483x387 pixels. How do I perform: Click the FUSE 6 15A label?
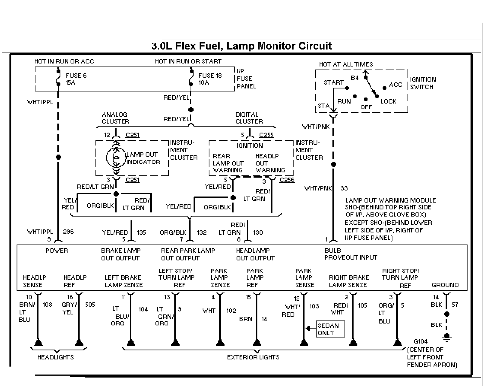coord(76,79)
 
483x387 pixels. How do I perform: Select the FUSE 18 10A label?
coord(210,79)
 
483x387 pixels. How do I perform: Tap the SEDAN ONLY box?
coord(330,329)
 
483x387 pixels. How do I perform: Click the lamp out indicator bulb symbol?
coord(116,158)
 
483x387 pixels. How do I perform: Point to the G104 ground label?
coord(421,341)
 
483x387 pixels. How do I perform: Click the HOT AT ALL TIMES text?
coord(346,64)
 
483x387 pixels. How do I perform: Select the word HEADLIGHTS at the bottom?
coord(55,357)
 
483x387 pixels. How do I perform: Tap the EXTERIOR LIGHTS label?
coord(253,357)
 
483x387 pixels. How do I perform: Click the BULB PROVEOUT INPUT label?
coord(351,254)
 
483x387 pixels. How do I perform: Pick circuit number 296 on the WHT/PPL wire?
coord(68,232)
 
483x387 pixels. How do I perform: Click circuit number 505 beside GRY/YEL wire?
coord(90,305)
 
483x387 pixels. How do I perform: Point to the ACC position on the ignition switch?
coord(396,85)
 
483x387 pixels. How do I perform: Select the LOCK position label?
coord(389,101)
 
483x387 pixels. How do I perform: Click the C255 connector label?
coord(266,135)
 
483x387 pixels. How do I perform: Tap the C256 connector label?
coord(287,180)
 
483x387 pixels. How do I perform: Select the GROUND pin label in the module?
coord(445,285)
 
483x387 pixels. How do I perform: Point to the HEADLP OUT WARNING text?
coord(270,163)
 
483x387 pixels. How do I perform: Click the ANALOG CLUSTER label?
coord(115,118)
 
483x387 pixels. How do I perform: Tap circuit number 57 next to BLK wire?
coord(455,305)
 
